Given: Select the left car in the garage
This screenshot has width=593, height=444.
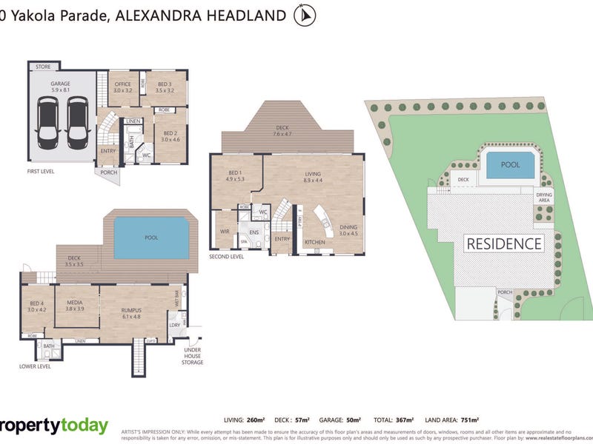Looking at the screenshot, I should point(47,123).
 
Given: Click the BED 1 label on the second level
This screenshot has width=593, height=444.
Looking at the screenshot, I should point(235,176).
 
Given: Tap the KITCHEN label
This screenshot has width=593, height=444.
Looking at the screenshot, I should point(315,242).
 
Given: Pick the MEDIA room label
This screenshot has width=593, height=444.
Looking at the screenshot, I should point(74,305).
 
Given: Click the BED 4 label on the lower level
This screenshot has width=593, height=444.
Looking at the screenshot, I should point(37,305).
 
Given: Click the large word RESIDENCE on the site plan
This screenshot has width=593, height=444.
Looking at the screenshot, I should point(503,243).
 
